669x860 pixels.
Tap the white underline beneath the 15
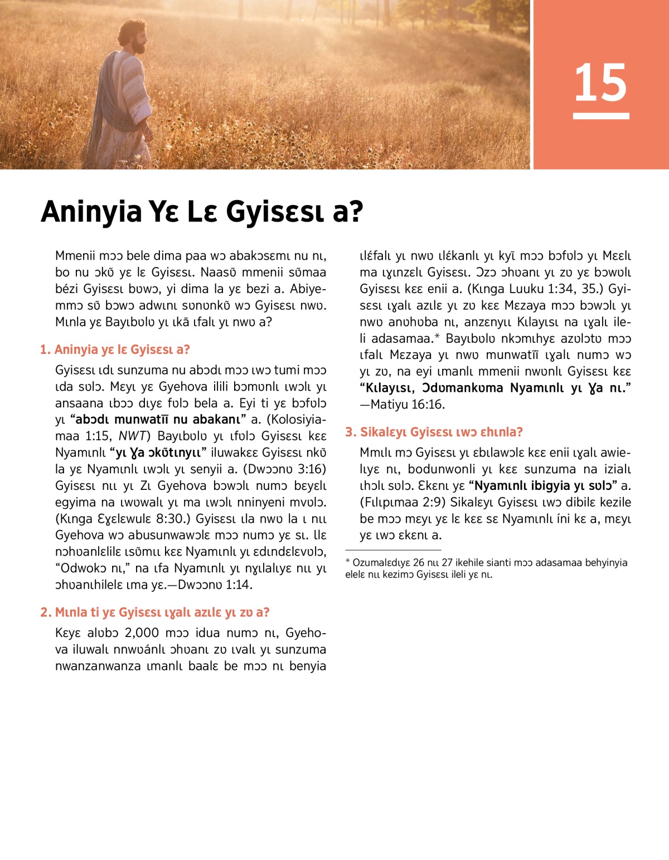pos(600,116)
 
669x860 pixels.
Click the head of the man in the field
pos(133,37)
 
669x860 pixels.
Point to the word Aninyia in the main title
pos(91,212)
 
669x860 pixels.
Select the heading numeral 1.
pos(44,350)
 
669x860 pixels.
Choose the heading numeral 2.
pos(45,613)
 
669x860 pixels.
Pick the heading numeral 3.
pos(350,432)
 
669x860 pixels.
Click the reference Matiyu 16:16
pos(408,405)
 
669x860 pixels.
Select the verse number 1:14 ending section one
pos(239,585)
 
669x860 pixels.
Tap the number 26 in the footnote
pos(419,563)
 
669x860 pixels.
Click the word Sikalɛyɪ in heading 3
pos(383,432)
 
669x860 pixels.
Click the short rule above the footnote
pos(393,550)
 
